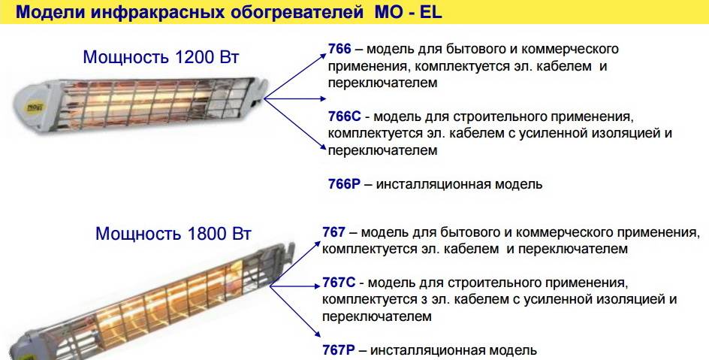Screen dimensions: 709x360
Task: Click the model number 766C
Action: (345, 116)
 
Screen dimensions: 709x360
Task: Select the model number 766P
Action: (345, 184)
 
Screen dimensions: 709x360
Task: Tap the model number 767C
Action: (339, 283)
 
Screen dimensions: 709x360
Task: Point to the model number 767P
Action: (339, 350)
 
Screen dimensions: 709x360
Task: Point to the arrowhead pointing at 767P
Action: (318, 334)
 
